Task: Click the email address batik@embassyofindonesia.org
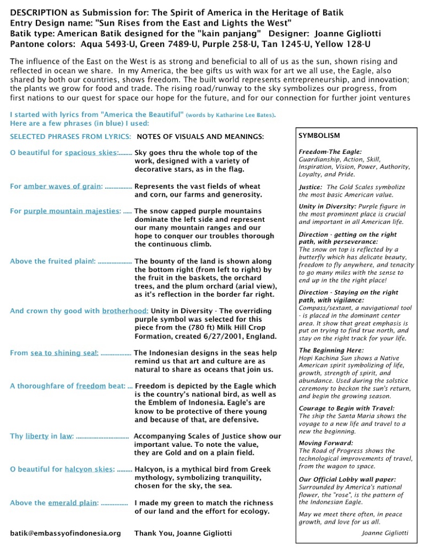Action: [x=66, y=533]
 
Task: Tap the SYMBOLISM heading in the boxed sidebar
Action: [x=319, y=136]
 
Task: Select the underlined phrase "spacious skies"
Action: [x=90, y=153]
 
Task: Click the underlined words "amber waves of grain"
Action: [x=62, y=186]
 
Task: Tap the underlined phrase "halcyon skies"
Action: [x=89, y=469]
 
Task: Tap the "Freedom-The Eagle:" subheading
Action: [x=330, y=152]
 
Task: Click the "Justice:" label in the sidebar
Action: [x=310, y=187]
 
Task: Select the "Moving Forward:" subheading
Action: [x=326, y=443]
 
